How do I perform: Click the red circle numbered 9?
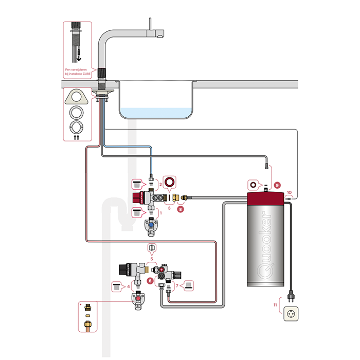coord(277,184)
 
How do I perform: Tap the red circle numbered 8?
coord(180,209)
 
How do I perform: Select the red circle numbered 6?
coord(150,280)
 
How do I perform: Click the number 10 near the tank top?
coord(289,192)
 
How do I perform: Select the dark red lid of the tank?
coord(266,197)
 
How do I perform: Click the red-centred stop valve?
coord(138,300)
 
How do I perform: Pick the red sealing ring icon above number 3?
coord(169,183)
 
